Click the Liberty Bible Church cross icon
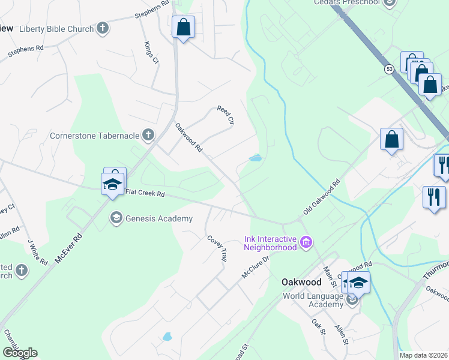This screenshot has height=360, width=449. [103, 28]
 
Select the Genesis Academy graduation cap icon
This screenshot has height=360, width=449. [116, 218]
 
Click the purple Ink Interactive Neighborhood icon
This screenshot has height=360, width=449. [306, 242]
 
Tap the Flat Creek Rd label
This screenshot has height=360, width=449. [145, 193]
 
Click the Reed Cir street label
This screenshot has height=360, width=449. [224, 115]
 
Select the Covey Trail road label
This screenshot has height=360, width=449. [217, 248]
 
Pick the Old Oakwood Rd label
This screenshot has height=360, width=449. [322, 197]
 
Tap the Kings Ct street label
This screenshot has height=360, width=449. [150, 53]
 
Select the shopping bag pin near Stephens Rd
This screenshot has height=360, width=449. [183, 28]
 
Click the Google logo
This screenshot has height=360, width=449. [20, 353]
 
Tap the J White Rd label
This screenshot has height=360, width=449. [37, 253]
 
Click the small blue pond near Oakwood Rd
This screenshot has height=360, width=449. [255, 158]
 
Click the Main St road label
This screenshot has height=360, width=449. [330, 276]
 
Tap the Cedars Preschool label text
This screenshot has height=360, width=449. [347, 2]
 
